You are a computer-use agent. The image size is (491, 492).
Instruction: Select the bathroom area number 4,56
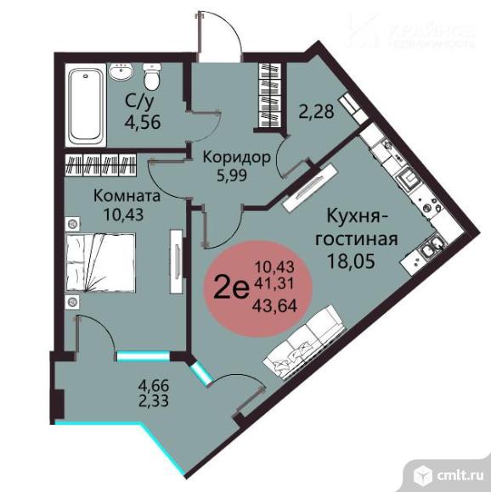pos(144,120)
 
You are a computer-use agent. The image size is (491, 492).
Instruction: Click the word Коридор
pos(236,157)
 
